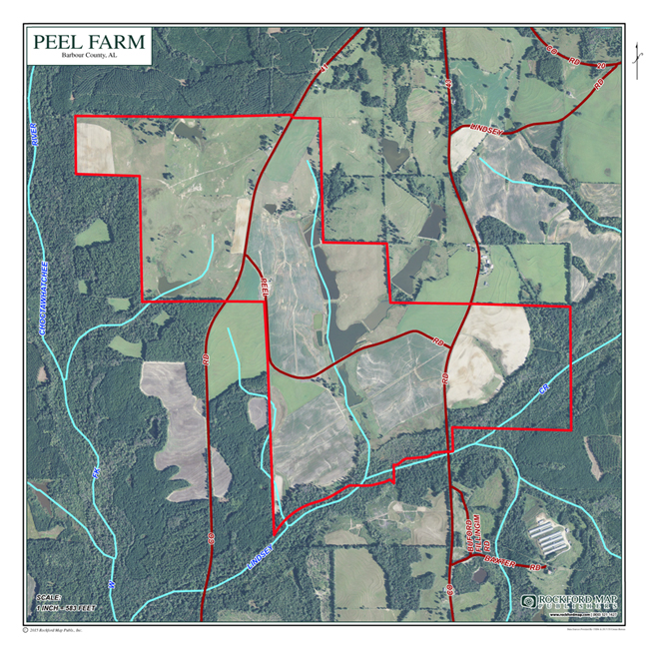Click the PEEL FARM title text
coord(88,43)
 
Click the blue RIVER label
coord(33,135)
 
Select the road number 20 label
coord(601,66)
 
